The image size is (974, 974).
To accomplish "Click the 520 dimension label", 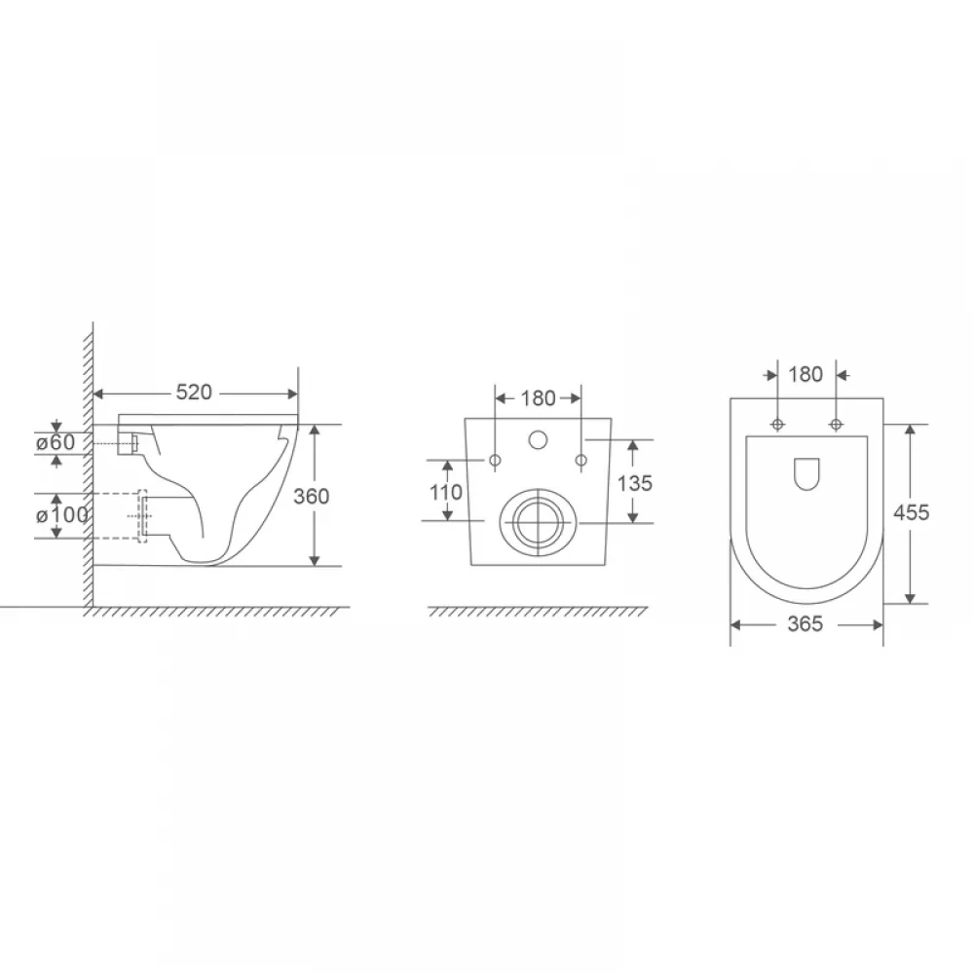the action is click(x=194, y=392).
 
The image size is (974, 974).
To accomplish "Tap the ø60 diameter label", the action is click(x=56, y=442).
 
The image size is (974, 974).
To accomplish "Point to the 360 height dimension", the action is click(x=312, y=496).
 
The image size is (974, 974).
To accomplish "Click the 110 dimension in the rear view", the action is click(x=446, y=492).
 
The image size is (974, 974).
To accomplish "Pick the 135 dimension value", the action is click(x=635, y=483).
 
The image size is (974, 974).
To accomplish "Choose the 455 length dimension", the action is click(x=912, y=512).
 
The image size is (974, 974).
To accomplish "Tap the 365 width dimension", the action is click(x=805, y=623).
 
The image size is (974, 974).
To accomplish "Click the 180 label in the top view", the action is click(x=805, y=375).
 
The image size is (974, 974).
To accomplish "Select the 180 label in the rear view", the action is click(x=538, y=398).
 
